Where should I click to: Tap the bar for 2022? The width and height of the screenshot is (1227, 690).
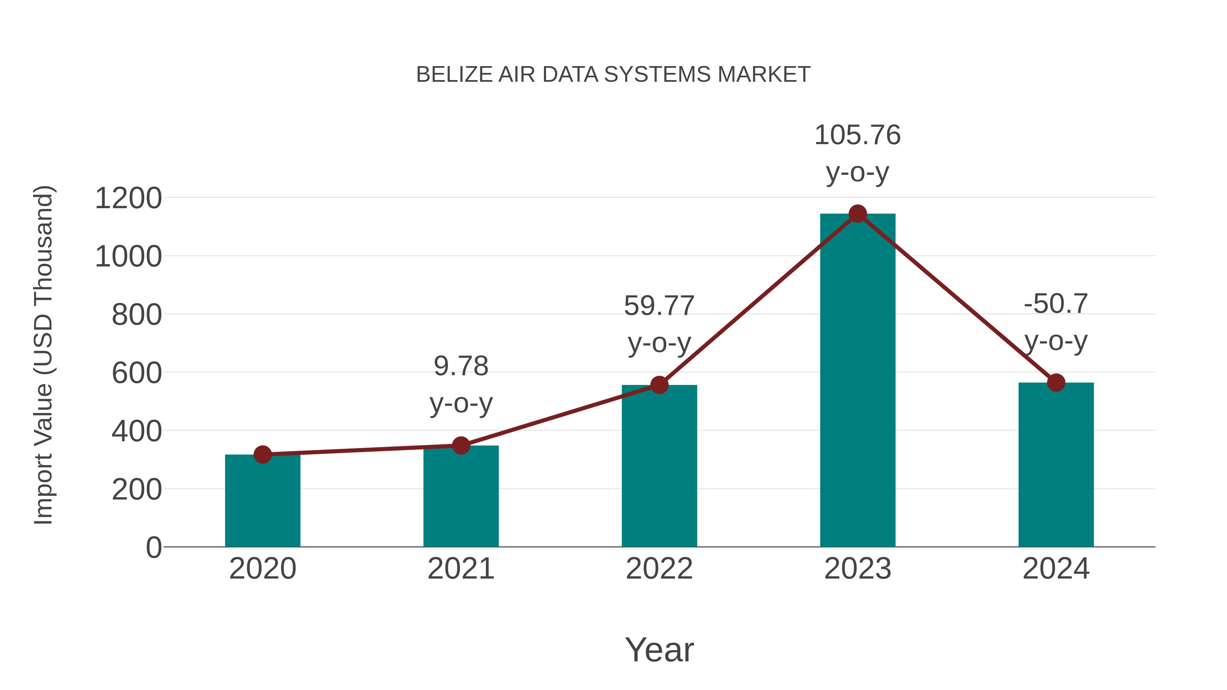[x=659, y=467]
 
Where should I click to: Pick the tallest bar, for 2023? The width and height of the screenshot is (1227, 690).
[x=858, y=381]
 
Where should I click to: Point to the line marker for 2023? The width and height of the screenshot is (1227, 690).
[x=858, y=214]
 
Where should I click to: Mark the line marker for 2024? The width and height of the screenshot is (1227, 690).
[x=1056, y=382]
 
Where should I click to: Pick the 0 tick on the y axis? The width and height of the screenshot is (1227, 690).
[x=154, y=548]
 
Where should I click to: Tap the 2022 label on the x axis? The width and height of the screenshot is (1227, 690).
[x=659, y=569]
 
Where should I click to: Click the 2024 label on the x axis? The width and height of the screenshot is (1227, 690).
[x=1056, y=569]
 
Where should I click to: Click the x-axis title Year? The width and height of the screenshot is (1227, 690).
[x=659, y=649]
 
